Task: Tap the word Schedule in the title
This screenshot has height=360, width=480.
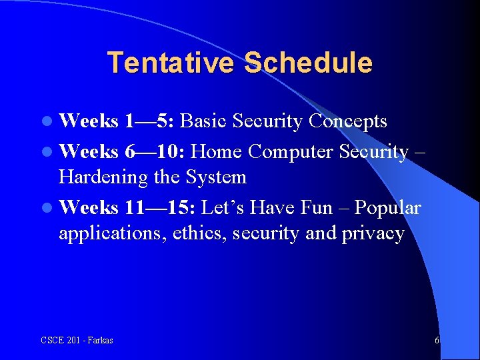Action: pos(308,63)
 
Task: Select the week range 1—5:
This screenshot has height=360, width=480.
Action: pos(149,121)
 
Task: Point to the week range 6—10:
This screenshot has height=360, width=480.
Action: pos(155,152)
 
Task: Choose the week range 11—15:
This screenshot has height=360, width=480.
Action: pos(160,208)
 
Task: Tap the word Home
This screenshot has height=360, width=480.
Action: pos(216,152)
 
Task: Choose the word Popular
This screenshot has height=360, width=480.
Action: pos(387,208)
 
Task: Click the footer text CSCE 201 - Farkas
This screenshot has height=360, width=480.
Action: pos(77,341)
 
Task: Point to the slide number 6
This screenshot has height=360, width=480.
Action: pos(437,341)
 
